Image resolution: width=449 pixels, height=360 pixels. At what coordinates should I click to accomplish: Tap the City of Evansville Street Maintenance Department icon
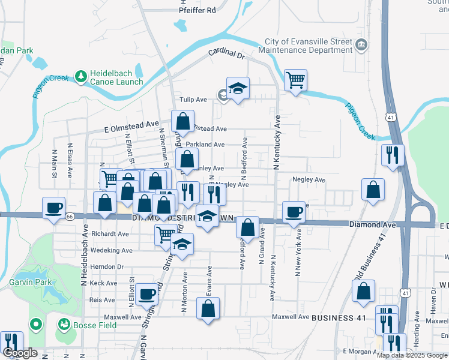(361, 45)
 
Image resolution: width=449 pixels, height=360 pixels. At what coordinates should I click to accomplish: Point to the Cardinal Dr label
(227, 54)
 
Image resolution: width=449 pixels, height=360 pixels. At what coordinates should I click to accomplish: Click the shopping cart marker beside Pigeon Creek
(295, 79)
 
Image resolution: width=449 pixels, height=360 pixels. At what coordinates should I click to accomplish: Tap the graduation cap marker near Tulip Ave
(238, 88)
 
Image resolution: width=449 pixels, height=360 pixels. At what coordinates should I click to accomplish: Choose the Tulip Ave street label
(193, 100)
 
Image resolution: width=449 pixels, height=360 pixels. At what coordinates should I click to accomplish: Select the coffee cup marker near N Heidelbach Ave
(54, 208)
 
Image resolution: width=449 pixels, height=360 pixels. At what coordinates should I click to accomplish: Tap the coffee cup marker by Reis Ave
(146, 295)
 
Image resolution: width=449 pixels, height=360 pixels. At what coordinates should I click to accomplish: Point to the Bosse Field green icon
(63, 325)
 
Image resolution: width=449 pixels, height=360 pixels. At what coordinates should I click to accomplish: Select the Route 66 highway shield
(70, 216)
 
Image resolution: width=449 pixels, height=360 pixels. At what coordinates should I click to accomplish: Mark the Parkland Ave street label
(205, 145)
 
